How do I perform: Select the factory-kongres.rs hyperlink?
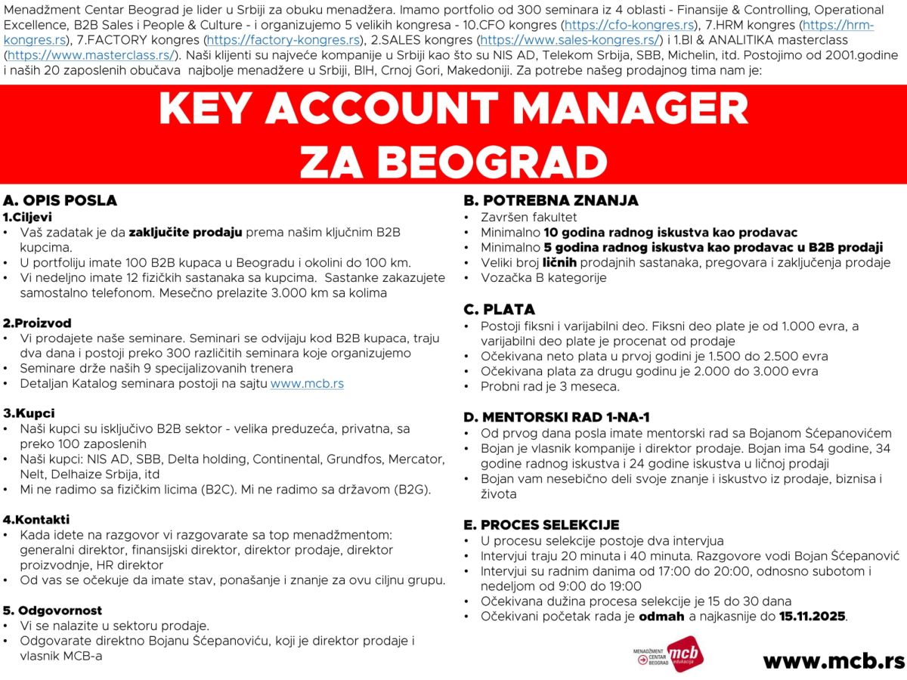(283, 39)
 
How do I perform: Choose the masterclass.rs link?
(90, 54)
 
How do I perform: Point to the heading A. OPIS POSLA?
(60, 200)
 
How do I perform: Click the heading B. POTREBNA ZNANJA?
(551, 200)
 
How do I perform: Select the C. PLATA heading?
(499, 309)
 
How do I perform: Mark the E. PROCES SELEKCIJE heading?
(541, 524)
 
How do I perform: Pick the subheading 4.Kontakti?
(36, 519)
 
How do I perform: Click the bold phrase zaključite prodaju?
(185, 232)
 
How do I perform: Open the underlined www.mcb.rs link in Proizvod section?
(307, 383)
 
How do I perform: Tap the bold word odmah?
(663, 617)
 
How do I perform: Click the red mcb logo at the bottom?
(685, 654)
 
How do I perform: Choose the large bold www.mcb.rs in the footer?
(833, 660)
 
